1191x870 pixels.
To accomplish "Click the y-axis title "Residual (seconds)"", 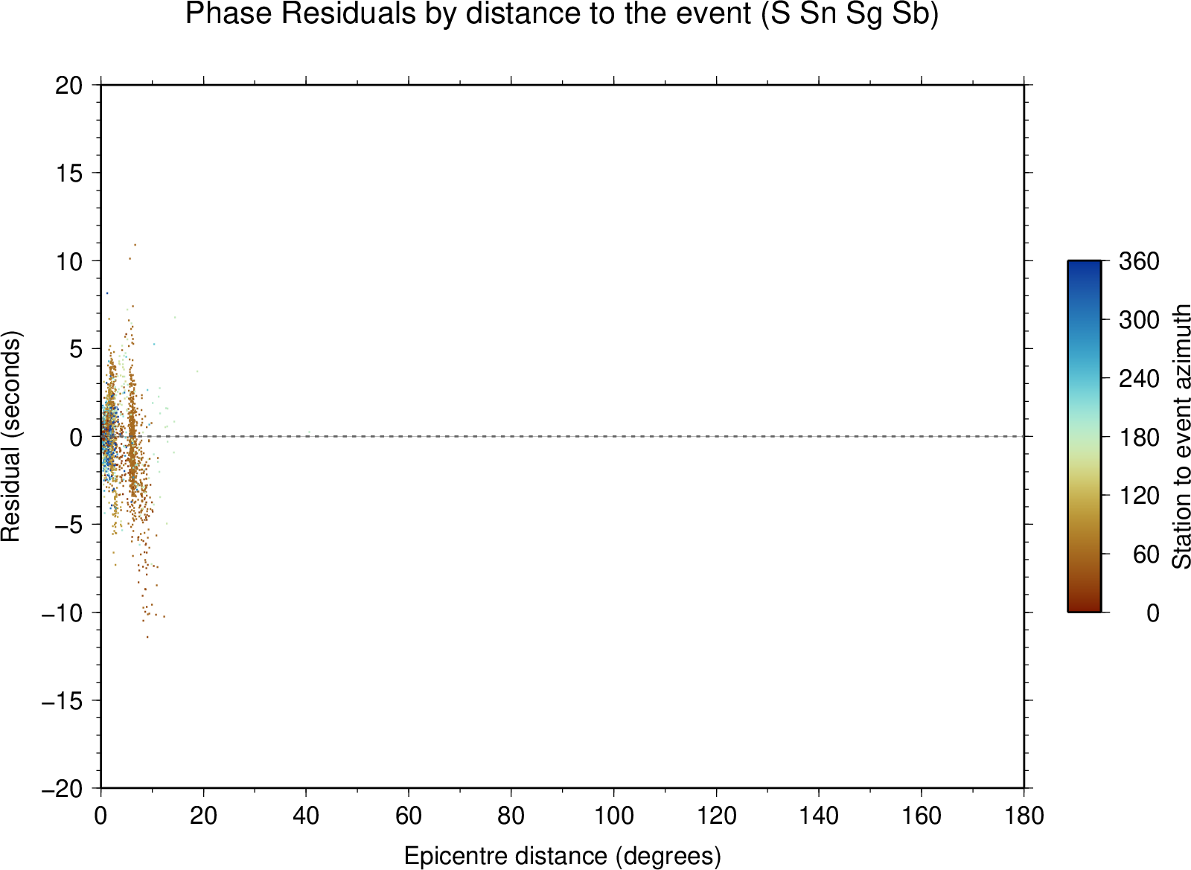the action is pos(10,436).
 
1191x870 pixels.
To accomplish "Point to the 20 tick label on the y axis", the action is pos(69,86).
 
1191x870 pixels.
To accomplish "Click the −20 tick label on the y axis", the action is pos(63,789).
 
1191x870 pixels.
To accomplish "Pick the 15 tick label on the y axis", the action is pos(69,173).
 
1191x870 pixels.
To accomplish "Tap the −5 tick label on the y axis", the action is pos(69,525).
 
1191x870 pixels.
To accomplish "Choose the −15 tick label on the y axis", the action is pos(63,701).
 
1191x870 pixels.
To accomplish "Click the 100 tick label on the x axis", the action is pos(613,816).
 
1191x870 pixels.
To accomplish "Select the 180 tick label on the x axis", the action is pos(1024,816).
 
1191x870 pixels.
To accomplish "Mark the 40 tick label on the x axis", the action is pos(306,816).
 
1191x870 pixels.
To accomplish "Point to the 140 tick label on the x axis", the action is pos(819,816).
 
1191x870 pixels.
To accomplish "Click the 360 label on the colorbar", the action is pos(1139,261).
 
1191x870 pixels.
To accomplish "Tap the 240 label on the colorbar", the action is pos(1139,379).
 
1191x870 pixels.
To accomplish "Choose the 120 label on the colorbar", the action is pos(1139,496).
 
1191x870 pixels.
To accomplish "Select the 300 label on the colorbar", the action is pos(1139,320).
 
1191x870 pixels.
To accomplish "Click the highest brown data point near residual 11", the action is pos(135,245).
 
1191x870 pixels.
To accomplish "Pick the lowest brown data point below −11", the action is pos(148,637).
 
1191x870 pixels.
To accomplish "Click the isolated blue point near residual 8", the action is pos(107,292).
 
